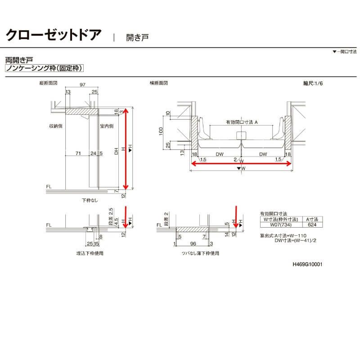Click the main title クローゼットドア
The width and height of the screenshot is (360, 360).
pyautogui.click(x=53, y=35)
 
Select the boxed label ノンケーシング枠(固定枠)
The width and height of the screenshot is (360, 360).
pyautogui.click(x=45, y=68)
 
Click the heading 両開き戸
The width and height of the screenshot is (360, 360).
pyautogui.click(x=18, y=59)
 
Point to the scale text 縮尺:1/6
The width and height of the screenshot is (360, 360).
pyautogui.click(x=313, y=83)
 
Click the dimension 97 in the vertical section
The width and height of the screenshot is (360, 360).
pyautogui.click(x=82, y=85)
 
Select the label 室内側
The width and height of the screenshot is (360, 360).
pyautogui.click(x=107, y=126)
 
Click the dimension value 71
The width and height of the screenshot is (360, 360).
pyautogui.click(x=78, y=154)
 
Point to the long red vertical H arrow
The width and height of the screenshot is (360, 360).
pyautogui.click(x=126, y=148)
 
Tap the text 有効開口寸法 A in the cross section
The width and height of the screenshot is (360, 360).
pyautogui.click(x=242, y=122)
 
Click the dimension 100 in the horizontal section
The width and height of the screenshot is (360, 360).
pyautogui.click(x=161, y=130)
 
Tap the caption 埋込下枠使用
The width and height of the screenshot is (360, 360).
pyautogui.click(x=90, y=253)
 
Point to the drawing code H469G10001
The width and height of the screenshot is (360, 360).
pyautogui.click(x=307, y=265)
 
